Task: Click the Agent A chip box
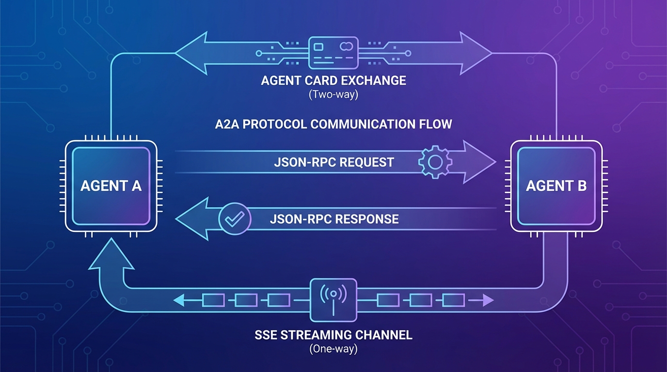111,186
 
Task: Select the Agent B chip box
556,186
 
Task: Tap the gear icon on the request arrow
435,161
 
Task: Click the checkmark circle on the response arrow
235,219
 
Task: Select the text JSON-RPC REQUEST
334,162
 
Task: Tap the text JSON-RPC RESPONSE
334,219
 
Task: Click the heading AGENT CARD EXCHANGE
333,80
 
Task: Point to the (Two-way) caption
333,94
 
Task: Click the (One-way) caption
333,349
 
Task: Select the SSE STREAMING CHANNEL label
333,335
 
